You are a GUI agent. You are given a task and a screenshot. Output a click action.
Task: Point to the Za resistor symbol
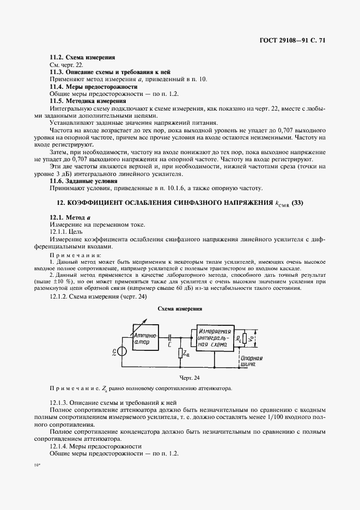[181, 353]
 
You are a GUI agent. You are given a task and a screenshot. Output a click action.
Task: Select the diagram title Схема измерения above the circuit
[180, 308]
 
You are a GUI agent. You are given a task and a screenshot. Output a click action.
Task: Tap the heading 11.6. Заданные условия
[83, 180]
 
